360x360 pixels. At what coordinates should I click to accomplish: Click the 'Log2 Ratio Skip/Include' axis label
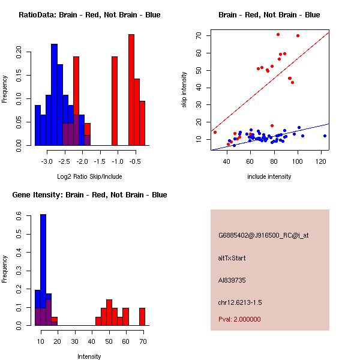[89, 176]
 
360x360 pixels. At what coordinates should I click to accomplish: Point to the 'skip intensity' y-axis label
[185, 90]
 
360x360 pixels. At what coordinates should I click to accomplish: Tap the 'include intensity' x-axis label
[269, 176]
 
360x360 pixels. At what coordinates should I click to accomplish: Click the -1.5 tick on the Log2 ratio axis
[100, 161]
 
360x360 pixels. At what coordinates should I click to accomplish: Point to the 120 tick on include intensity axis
[322, 161]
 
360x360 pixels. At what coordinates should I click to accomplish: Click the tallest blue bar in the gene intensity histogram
[43, 270]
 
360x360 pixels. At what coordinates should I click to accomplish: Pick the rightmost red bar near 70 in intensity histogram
[142, 316]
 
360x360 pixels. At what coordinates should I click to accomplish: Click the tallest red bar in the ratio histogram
[131, 90]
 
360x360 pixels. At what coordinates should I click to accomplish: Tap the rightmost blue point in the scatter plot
[325, 136]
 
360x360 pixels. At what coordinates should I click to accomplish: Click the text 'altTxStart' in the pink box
[232, 258]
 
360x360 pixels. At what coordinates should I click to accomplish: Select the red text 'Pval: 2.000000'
[240, 320]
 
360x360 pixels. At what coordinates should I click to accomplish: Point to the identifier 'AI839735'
[232, 280]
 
